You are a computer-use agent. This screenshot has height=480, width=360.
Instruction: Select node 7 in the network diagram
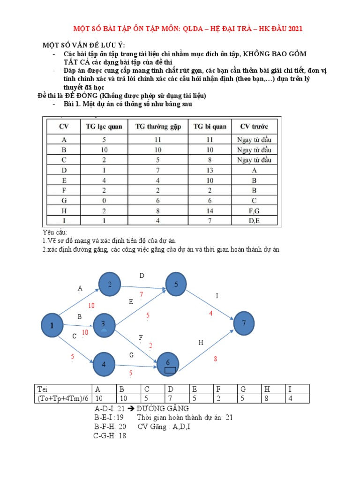click(x=244, y=323)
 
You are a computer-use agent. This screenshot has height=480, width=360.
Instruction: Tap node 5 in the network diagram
click(x=176, y=285)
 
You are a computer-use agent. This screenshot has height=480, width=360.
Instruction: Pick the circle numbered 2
click(x=110, y=285)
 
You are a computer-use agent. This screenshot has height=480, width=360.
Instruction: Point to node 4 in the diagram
click(x=105, y=364)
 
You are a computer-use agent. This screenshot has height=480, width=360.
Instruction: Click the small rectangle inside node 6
click(x=171, y=370)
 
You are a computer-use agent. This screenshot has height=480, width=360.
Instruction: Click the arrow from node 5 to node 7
click(x=211, y=305)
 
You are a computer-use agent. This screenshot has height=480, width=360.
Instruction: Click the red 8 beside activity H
click(x=216, y=359)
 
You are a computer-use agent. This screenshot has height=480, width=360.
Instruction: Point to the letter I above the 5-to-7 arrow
click(x=217, y=296)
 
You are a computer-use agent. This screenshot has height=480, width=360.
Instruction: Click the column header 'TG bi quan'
click(x=210, y=127)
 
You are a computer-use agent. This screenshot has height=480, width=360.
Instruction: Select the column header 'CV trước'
click(x=254, y=127)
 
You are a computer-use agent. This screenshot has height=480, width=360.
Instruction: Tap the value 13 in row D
click(x=210, y=170)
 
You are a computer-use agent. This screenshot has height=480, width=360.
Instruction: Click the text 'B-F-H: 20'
click(x=110, y=427)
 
